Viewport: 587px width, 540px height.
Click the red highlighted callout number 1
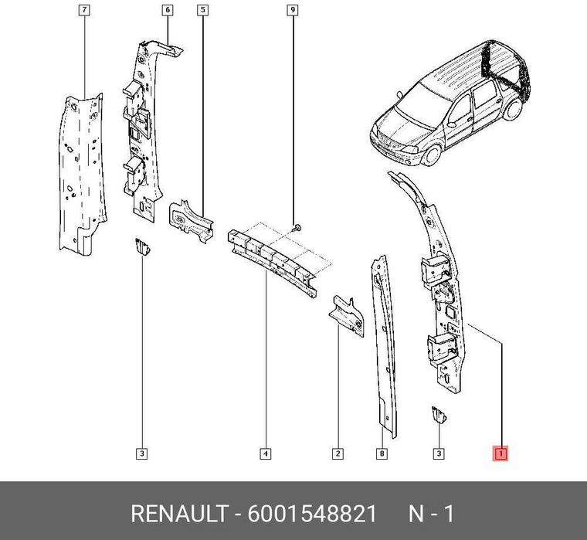tap(500, 453)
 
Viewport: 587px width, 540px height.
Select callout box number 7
tap(83, 10)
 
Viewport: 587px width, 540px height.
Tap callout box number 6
tap(168, 10)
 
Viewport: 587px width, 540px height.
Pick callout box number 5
tap(202, 10)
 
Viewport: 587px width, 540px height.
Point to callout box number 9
tap(293, 10)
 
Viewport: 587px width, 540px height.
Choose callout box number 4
tap(265, 453)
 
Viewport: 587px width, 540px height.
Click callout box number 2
tap(338, 453)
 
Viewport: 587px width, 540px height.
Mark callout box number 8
tap(382, 453)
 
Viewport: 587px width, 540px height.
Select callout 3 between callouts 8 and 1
tap(439, 453)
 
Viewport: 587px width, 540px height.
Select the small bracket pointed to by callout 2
tap(346, 313)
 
